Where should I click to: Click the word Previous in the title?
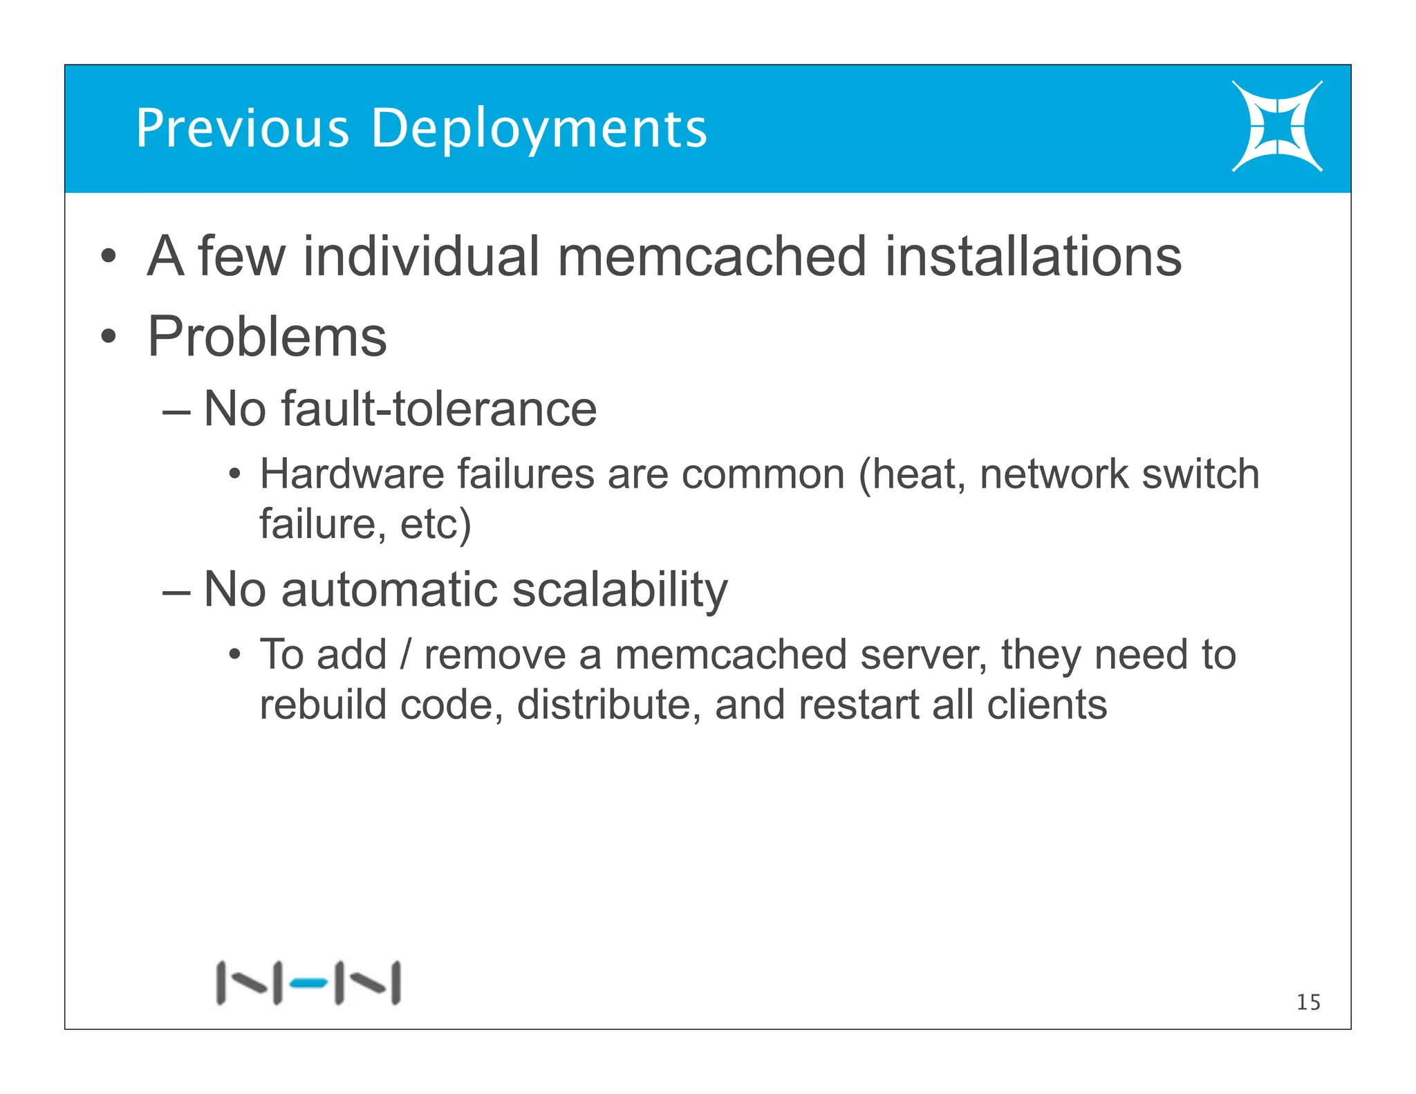[243, 129]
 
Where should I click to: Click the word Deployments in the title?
[539, 130]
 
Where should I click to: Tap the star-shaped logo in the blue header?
[1276, 126]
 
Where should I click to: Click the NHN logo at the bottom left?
[308, 982]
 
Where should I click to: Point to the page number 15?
[1308, 1002]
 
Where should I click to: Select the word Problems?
[267, 337]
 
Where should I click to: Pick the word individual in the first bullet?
[420, 257]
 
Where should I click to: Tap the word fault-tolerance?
[439, 409]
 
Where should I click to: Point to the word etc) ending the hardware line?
[436, 524]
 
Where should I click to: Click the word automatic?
[390, 590]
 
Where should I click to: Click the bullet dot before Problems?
[108, 337]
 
